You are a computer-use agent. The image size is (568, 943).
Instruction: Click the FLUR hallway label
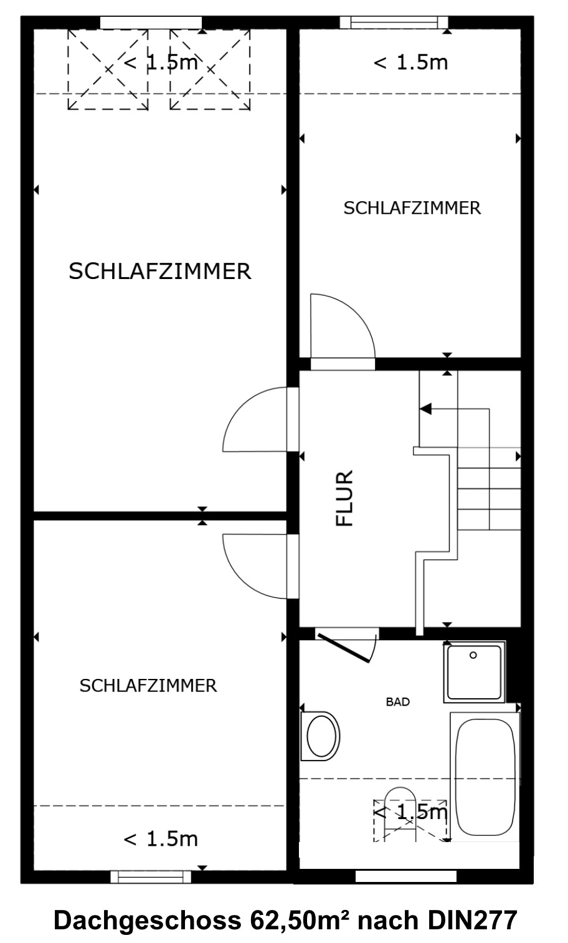344,498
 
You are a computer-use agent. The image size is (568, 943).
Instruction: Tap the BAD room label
397,702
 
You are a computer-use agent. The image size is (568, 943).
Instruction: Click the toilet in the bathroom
320,736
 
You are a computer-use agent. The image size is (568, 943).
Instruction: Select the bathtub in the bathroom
485,777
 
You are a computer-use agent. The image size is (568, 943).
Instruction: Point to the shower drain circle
473,655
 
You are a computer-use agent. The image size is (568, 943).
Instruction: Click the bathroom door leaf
344,648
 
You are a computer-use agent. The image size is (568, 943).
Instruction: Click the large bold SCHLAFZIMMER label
160,271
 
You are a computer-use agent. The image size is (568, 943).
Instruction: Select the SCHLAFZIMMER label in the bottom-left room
148,686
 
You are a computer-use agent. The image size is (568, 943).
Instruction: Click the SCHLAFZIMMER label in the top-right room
412,208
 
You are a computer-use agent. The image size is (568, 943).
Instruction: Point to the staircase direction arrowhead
425,409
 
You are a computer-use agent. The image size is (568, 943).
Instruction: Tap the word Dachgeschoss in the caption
148,922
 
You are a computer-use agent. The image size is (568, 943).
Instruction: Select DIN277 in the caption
472,921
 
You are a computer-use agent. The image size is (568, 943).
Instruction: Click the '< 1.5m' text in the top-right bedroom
410,62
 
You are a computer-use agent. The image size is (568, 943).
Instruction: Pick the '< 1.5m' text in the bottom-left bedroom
161,839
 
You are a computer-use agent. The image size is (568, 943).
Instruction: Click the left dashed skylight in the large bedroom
108,70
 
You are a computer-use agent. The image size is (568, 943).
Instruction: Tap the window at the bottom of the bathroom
406,876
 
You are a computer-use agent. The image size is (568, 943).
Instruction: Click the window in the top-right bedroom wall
394,22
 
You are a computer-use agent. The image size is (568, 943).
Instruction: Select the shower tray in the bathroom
474,672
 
